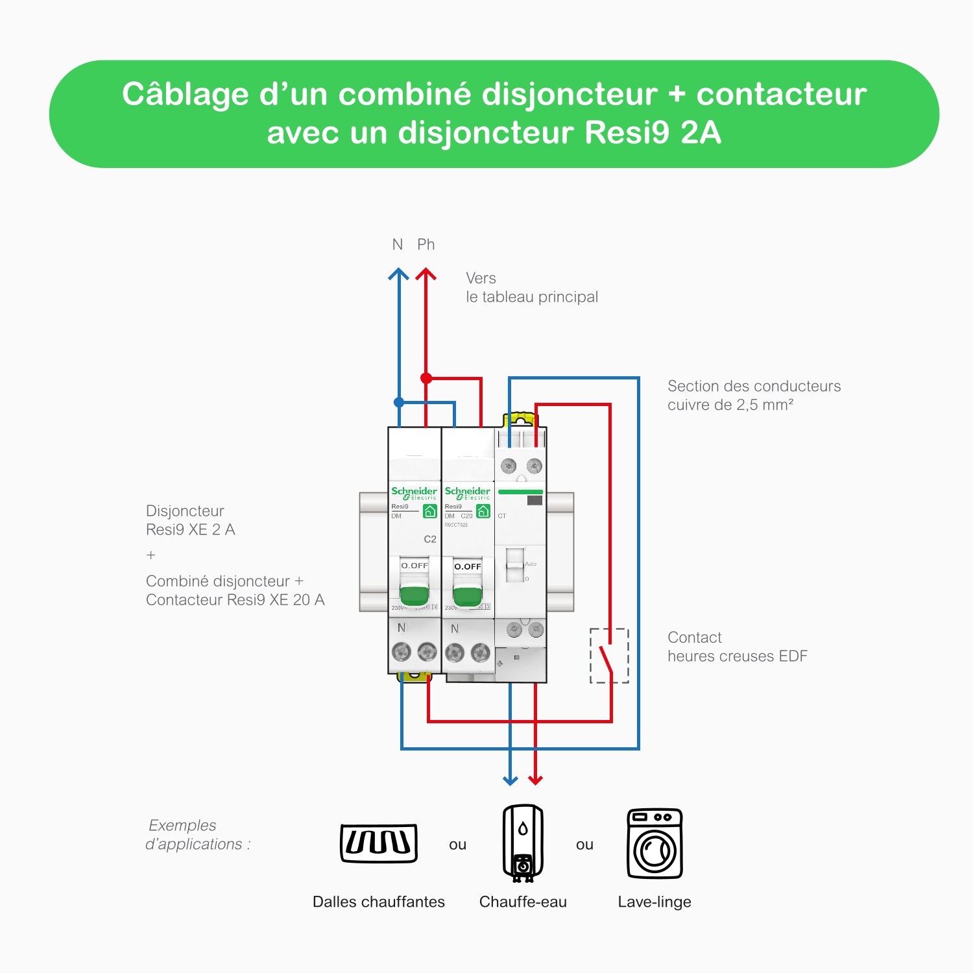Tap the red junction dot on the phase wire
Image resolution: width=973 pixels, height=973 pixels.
(426, 378)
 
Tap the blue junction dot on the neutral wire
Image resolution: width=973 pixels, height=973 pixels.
(399, 402)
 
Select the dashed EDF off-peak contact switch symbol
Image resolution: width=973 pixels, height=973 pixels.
(609, 655)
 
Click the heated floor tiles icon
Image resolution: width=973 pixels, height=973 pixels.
(379, 843)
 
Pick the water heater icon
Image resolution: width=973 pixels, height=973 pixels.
(523, 843)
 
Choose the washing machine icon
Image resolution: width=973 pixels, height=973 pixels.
(655, 843)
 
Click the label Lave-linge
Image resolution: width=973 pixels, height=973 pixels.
(655, 902)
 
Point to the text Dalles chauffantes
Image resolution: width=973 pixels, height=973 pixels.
(379, 902)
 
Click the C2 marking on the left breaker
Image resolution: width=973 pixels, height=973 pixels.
(430, 539)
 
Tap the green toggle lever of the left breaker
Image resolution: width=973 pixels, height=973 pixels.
(414, 594)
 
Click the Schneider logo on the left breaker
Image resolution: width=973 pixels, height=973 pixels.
(414, 492)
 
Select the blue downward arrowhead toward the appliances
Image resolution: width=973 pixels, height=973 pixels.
(511, 780)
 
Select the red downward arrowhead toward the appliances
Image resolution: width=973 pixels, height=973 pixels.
(535, 780)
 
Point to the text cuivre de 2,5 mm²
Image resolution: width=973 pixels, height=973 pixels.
(730, 405)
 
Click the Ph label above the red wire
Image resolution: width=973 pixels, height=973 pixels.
(426, 245)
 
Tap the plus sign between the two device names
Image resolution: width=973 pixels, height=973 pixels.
(151, 555)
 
